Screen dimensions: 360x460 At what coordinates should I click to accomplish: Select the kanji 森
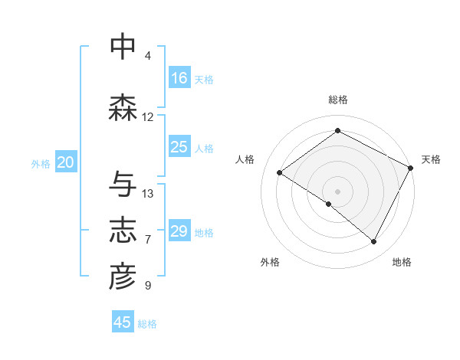coord(123,108)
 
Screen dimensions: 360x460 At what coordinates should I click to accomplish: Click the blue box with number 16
coord(179,78)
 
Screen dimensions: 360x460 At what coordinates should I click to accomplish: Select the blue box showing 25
coord(179,147)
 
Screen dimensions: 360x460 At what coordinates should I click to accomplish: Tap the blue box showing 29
coord(179,231)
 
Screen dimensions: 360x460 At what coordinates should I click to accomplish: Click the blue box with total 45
coord(123,322)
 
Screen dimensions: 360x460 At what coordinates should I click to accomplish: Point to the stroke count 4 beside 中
coord(148,56)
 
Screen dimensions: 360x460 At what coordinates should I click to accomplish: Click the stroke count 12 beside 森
coord(148,117)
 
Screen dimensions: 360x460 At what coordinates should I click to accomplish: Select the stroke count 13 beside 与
coord(148,194)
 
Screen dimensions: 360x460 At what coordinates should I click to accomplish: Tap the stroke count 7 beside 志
coord(148,240)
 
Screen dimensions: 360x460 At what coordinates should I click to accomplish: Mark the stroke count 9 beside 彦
coord(148,286)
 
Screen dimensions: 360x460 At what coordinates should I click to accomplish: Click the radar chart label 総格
coord(337,100)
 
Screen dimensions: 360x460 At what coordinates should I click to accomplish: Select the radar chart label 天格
coord(432,159)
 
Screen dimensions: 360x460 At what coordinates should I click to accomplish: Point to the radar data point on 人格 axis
coord(280,172)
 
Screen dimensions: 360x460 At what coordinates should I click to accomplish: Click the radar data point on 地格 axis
coord(374,242)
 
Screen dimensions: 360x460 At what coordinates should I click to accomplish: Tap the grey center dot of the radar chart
coord(337,191)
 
